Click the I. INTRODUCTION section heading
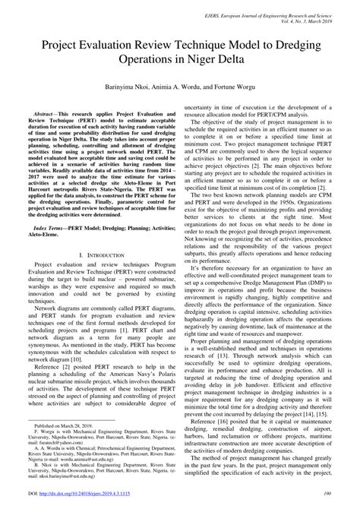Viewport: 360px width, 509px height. [x=94, y=258]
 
